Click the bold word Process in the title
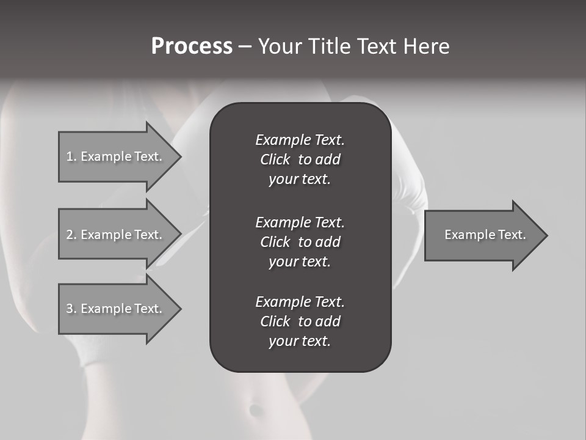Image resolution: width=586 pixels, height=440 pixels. click(192, 46)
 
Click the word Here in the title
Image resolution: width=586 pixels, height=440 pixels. click(426, 46)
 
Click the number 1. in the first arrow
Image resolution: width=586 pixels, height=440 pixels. click(71, 156)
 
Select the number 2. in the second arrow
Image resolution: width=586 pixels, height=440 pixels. click(71, 235)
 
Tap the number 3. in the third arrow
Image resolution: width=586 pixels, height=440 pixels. click(71, 309)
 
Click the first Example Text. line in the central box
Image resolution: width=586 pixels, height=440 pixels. click(300, 140)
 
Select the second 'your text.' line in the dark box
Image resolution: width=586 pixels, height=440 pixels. click(300, 262)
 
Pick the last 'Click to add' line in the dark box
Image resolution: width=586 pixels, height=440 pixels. click(300, 321)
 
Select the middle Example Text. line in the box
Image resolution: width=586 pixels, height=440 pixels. click(300, 222)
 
